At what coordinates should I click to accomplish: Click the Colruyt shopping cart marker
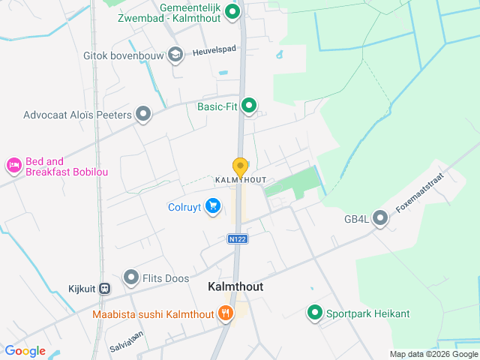point(214,205)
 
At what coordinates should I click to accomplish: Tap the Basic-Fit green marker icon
point(249,106)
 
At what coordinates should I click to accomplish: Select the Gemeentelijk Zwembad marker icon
point(232,11)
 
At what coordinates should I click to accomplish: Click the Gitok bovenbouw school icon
point(175,54)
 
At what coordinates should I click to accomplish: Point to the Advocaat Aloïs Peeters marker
point(143,115)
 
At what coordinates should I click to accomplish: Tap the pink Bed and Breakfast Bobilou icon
point(13,165)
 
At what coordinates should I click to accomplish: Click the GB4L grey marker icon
point(380,219)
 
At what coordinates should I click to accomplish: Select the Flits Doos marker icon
point(131,278)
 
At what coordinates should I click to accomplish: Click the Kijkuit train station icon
point(104,287)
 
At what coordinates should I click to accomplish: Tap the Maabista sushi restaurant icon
point(224,314)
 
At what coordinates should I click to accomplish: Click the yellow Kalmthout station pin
point(240,166)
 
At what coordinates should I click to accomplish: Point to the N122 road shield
point(238,238)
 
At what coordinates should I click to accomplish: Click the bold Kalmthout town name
point(235,287)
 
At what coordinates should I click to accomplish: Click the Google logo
point(25,350)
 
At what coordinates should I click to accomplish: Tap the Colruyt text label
point(184,206)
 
